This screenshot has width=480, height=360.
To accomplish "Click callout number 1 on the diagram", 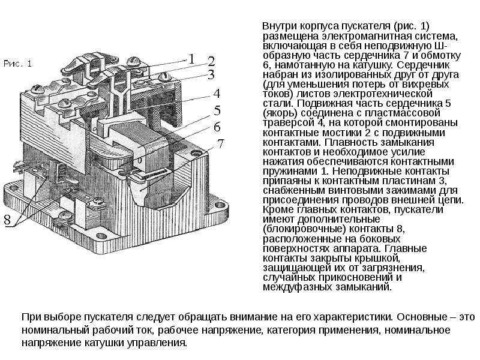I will [x=191, y=58].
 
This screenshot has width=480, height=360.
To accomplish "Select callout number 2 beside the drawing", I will [x=211, y=61].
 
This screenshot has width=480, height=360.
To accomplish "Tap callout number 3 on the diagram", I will [x=211, y=74].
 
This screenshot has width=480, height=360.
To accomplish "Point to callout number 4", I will [x=216, y=94].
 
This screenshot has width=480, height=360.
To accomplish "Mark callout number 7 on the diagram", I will [x=221, y=143].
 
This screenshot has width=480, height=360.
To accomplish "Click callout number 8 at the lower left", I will [x=7, y=220].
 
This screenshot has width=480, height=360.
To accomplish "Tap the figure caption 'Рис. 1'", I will [x=18, y=63].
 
